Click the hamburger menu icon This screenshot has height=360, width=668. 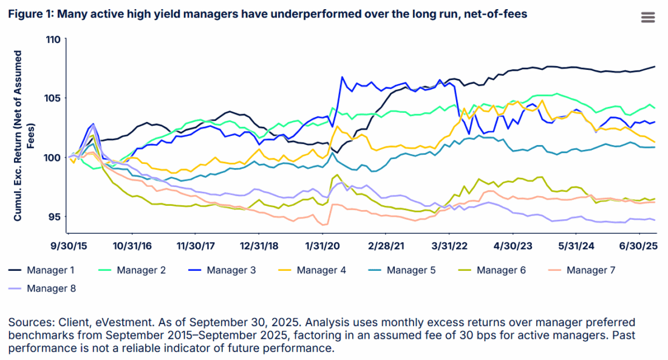tap(648, 17)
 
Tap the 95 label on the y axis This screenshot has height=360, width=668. tap(55, 217)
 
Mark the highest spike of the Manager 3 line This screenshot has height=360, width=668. tap(343, 77)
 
